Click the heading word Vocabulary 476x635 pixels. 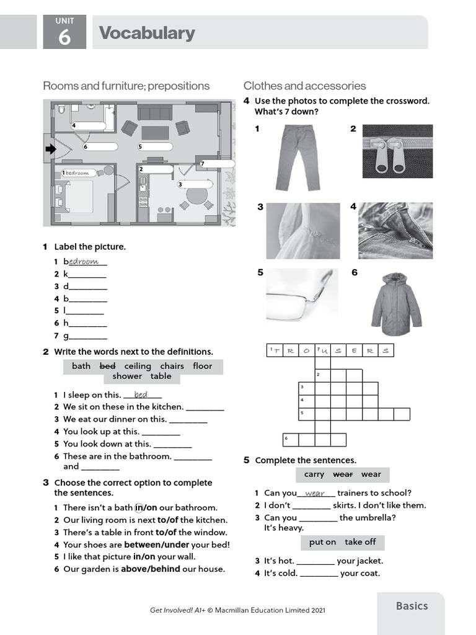[x=147, y=33]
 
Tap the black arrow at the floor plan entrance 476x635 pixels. [x=50, y=149]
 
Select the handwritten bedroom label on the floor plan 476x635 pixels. [x=77, y=172]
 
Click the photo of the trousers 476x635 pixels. [x=298, y=157]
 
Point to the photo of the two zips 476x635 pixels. [x=397, y=151]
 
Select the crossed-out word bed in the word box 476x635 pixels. [x=108, y=366]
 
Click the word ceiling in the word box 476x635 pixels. [x=138, y=366]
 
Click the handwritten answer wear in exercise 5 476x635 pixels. [x=315, y=494]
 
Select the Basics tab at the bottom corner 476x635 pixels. [x=412, y=606]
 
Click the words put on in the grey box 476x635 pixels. [x=322, y=542]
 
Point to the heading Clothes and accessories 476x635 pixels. [x=304, y=86]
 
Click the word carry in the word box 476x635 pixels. [x=314, y=474]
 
